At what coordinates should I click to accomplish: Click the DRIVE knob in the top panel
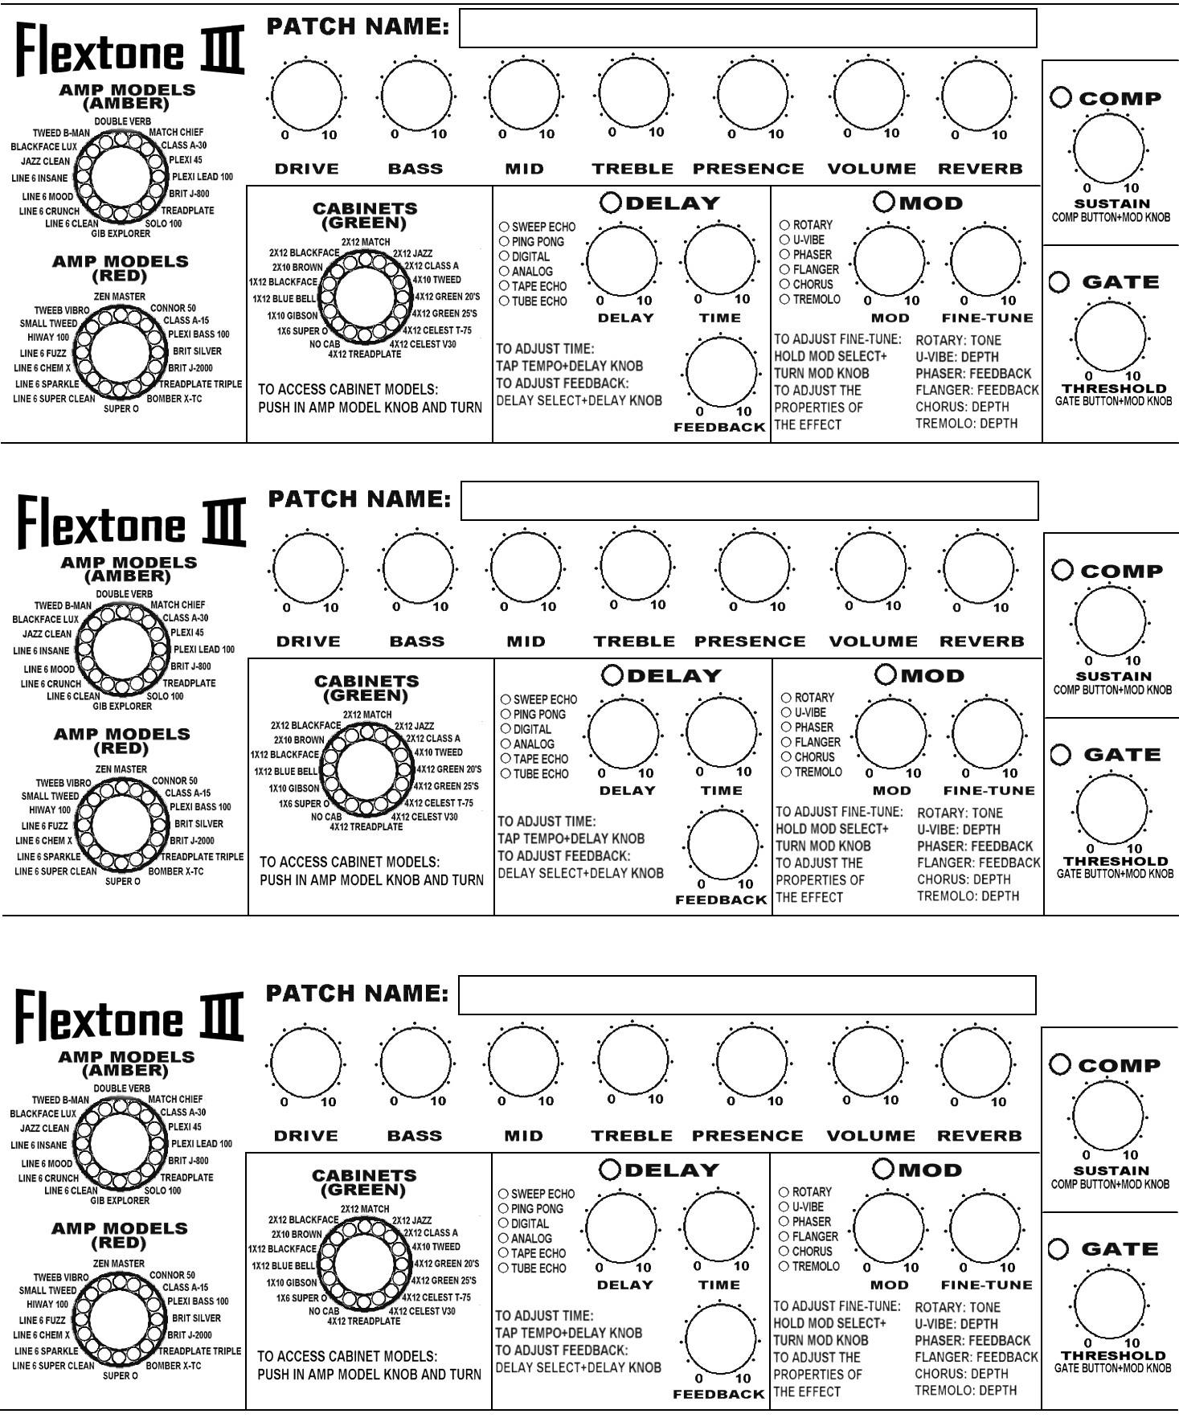click(x=307, y=96)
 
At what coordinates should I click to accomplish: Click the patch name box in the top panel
click(x=747, y=29)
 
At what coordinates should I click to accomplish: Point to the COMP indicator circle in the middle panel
click(x=1062, y=570)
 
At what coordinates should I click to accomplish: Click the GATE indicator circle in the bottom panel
click(x=1058, y=1248)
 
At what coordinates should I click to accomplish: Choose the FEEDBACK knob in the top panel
click(x=722, y=372)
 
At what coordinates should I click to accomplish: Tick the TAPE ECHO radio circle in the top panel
click(x=504, y=286)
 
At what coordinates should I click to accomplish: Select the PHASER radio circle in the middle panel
click(x=786, y=727)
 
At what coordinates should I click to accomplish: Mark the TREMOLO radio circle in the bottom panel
click(x=784, y=1266)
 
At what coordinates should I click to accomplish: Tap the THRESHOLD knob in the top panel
click(x=1110, y=337)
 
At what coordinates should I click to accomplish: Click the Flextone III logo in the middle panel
click(x=131, y=523)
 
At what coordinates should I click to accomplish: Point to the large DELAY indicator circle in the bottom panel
click(x=610, y=1170)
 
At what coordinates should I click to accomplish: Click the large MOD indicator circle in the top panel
click(x=884, y=203)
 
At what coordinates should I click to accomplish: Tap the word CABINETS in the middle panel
click(x=366, y=681)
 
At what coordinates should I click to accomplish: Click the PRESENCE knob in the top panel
click(x=753, y=96)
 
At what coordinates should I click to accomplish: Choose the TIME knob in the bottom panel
click(x=718, y=1227)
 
